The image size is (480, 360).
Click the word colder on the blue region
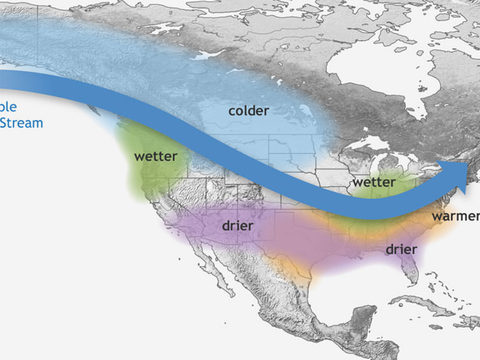coord(248,111)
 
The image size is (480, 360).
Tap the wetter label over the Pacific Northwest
coord(156,157)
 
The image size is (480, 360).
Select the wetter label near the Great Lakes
coord(374,182)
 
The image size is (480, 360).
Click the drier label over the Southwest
coord(238,225)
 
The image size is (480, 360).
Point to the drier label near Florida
coord(401,249)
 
